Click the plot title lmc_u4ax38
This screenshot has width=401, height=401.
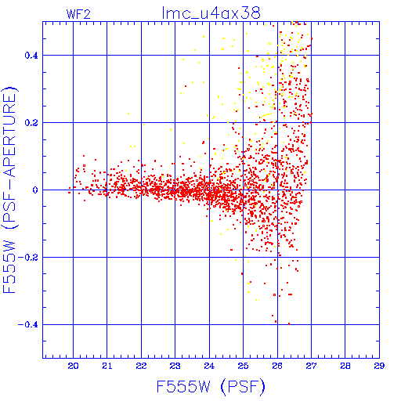pos(211,13)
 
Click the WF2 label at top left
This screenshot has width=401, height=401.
pos(78,14)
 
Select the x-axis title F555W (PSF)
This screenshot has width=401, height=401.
pos(211,387)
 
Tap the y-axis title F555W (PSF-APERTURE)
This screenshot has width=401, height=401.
pos(9,190)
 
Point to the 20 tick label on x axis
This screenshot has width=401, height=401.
pos(73,366)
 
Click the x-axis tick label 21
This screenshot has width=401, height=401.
pos(107,366)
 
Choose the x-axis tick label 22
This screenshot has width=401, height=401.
pos(141,366)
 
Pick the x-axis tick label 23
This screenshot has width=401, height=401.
pos(175,366)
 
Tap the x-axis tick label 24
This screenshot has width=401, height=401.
pos(209,366)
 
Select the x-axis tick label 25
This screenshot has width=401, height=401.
pos(243,366)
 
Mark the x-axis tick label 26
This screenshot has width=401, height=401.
pos(277,366)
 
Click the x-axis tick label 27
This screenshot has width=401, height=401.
pos(311,366)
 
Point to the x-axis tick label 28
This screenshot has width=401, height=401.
pos(345,366)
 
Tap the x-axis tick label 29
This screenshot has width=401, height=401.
pos(379,366)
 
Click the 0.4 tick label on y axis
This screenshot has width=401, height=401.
pos(31,56)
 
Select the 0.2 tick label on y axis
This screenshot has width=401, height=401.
pos(31,123)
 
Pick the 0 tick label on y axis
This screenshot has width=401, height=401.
pos(35,190)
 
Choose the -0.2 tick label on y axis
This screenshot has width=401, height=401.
pos(28,258)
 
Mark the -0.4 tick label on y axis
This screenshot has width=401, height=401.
pos(28,325)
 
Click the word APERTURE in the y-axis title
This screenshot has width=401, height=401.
pos(9,135)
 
